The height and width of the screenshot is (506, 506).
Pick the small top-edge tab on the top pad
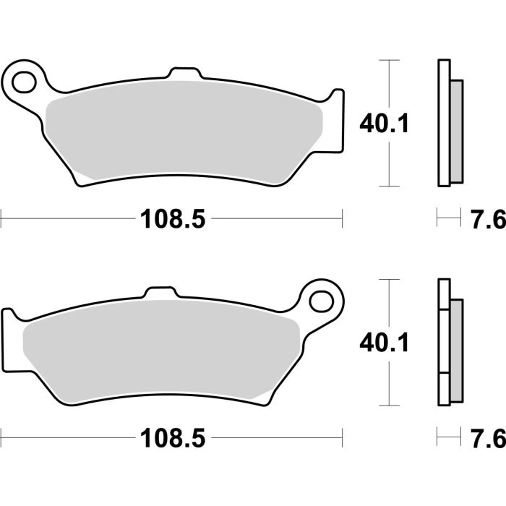[182, 74]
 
